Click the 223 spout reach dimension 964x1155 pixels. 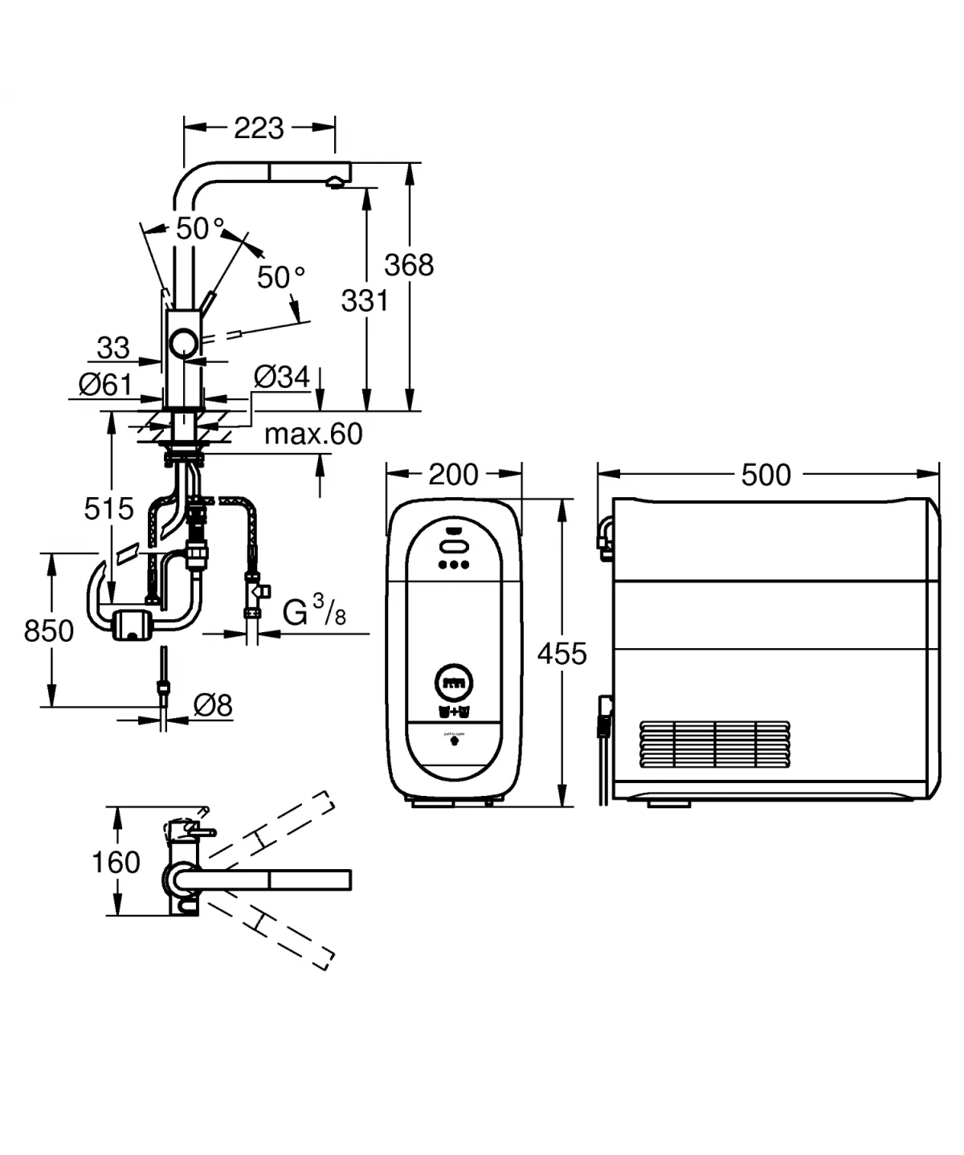[x=259, y=128]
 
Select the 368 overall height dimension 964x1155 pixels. [x=409, y=264]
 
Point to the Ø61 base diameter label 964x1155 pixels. [x=105, y=384]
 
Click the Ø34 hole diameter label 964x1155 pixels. [x=281, y=376]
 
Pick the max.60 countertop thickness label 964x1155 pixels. [x=313, y=434]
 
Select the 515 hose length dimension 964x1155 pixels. [x=108, y=508]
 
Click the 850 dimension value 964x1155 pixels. [x=49, y=631]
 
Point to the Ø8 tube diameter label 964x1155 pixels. [x=213, y=705]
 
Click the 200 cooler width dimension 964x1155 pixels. [x=453, y=474]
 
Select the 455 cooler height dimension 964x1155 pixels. [x=562, y=653]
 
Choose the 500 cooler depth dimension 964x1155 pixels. [x=766, y=475]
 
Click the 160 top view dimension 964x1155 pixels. [x=116, y=862]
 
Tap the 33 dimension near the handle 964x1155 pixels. [x=112, y=348]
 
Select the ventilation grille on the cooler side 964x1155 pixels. [x=714, y=745]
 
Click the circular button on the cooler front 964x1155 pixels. [x=454, y=684]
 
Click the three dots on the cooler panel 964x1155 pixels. [x=454, y=565]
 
